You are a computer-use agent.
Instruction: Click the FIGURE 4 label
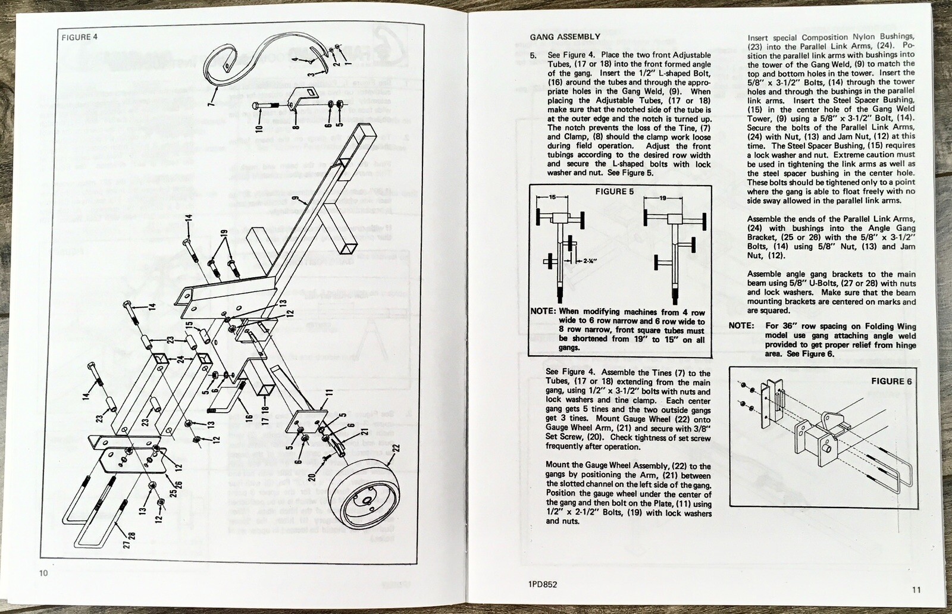(80, 37)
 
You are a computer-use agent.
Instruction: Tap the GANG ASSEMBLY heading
(565, 37)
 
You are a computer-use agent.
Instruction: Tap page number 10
(43, 574)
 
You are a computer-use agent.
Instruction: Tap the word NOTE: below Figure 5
(543, 312)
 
